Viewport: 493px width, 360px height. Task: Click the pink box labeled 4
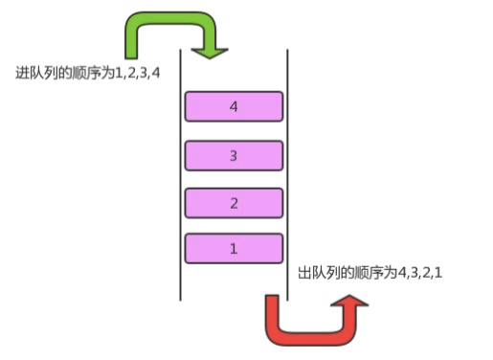point(234,106)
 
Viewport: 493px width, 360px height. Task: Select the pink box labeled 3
point(234,156)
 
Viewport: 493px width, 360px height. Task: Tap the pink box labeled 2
point(234,203)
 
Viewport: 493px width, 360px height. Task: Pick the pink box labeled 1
point(234,249)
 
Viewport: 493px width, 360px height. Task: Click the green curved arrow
point(170,18)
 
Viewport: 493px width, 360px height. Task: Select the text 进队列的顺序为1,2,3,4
point(87,73)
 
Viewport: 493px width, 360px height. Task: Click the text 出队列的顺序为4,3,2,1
point(370,273)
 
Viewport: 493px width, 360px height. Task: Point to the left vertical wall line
point(180,175)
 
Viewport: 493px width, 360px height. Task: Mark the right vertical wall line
point(287,175)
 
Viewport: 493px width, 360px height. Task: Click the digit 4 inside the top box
point(234,106)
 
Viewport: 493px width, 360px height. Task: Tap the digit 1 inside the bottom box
point(234,249)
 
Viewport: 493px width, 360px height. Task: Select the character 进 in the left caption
point(22,73)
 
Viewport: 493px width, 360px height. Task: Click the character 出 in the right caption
point(304,273)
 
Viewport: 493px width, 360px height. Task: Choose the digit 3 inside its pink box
point(234,156)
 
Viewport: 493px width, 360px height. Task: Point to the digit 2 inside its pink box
point(234,203)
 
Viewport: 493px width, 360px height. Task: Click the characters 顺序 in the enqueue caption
point(87,73)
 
